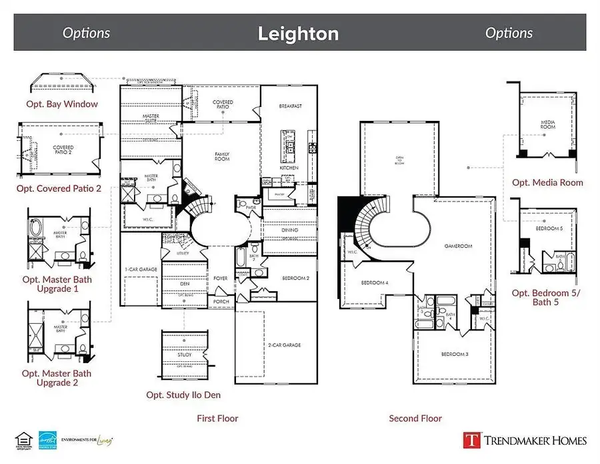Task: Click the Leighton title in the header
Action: [298, 33]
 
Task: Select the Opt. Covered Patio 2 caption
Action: [59, 189]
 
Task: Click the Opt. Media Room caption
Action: [547, 182]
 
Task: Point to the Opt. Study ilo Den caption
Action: [183, 395]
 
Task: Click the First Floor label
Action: [217, 419]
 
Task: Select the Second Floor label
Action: [415, 419]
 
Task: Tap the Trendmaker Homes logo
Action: [525, 439]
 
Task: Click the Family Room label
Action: [222, 156]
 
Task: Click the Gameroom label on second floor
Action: [458, 246]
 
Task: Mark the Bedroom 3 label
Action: [454, 354]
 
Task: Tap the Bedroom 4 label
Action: [374, 282]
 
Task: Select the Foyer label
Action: [221, 278]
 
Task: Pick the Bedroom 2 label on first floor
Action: [294, 278]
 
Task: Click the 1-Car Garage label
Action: [140, 269]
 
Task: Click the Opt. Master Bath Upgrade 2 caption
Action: [57, 378]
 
